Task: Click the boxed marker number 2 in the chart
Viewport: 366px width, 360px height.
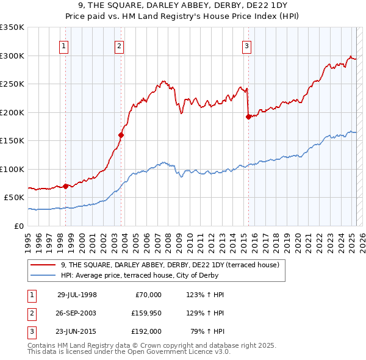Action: point(119,45)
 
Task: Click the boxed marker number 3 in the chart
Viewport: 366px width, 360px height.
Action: point(246,45)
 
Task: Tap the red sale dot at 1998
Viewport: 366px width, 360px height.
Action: point(66,186)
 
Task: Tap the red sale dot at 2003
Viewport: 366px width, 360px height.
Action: point(121,135)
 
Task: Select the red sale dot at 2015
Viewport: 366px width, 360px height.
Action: point(248,117)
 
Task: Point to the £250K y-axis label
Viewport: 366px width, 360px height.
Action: point(12,84)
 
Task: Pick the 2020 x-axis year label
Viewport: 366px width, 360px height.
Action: point(298,238)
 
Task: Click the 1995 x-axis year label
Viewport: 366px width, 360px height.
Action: point(28,238)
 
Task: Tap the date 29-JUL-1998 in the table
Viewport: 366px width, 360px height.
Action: point(77,294)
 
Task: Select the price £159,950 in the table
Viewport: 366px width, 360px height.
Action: point(145,313)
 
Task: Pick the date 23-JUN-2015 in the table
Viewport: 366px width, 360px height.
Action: point(77,332)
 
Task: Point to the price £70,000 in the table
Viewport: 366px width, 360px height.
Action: point(148,294)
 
